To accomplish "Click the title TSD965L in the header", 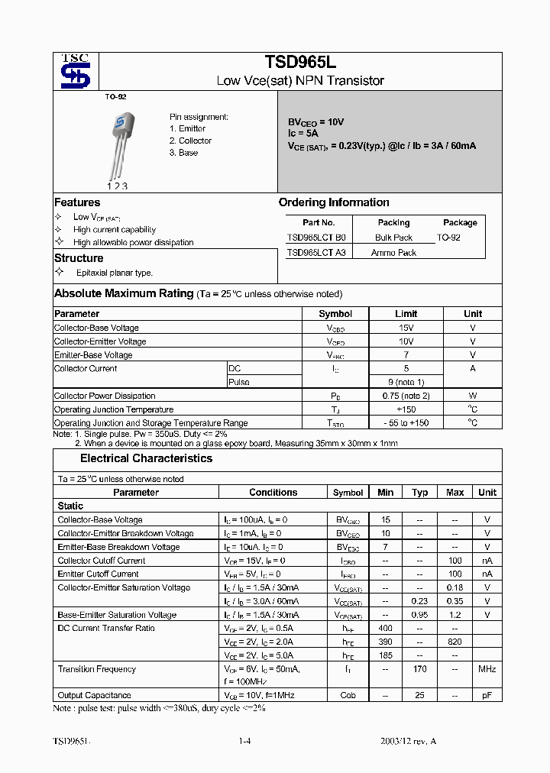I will click(x=300, y=63).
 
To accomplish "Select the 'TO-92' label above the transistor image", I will click(x=115, y=98).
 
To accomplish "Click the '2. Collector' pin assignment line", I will click(x=190, y=141).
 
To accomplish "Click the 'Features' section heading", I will click(x=77, y=202).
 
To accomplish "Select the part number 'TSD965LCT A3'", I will click(x=315, y=252).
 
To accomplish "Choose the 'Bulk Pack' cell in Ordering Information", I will click(x=393, y=238).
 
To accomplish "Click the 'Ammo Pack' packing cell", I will click(x=393, y=252).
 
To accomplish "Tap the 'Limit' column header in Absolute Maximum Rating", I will click(x=406, y=313).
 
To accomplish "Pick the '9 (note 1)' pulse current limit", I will click(x=406, y=382).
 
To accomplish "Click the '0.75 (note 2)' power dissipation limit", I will click(x=406, y=396).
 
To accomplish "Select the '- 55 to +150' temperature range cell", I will click(x=406, y=422).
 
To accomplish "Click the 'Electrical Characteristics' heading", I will click(x=146, y=458).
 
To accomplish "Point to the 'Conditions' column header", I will click(x=273, y=493).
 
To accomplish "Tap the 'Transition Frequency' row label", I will click(x=97, y=669).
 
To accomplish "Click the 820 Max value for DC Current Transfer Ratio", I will click(x=455, y=642).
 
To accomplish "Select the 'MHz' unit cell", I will click(x=487, y=669).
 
